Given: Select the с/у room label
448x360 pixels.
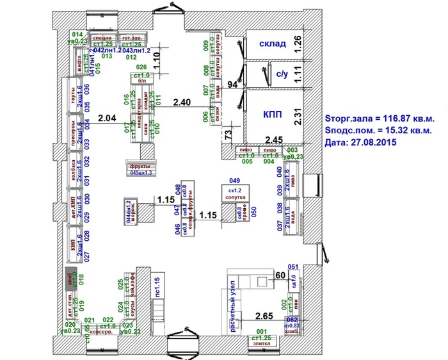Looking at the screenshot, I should tap(283, 74).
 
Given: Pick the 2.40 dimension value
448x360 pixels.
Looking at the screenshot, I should tap(182, 102).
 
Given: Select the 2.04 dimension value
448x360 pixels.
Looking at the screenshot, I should tap(108, 117).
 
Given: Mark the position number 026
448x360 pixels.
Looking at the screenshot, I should tap(141, 67).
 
